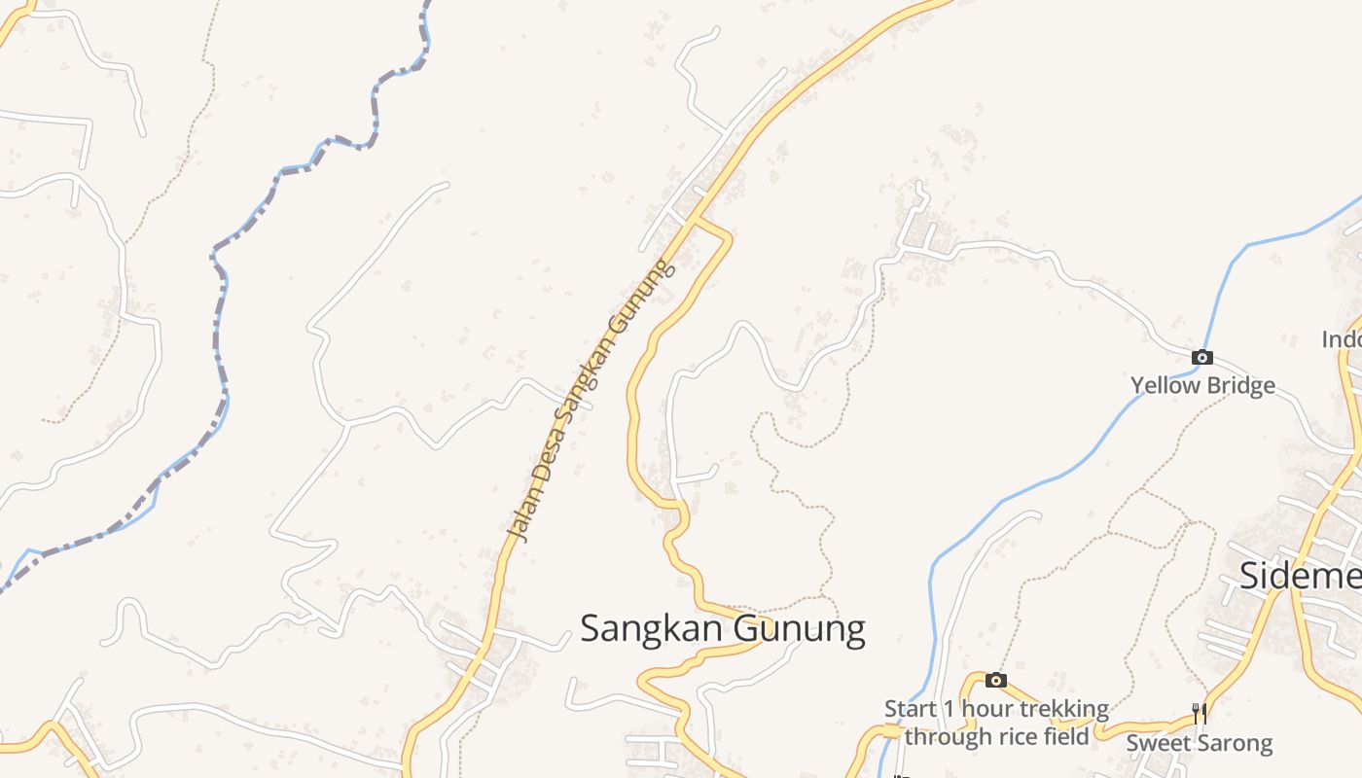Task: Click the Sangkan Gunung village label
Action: (x=722, y=628)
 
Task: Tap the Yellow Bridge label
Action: (x=1202, y=385)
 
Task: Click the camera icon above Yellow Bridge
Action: (x=1202, y=358)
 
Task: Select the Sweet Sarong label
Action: (x=1199, y=744)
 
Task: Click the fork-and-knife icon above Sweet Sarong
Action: (x=1199, y=714)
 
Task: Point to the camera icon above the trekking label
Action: (x=995, y=680)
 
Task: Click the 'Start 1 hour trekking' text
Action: (x=996, y=709)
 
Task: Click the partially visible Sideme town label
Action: (x=1300, y=576)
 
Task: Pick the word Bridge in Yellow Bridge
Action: (x=1239, y=385)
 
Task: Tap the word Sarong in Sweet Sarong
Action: (x=1235, y=744)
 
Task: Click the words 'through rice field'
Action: (x=996, y=736)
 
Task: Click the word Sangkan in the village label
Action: (x=653, y=628)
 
